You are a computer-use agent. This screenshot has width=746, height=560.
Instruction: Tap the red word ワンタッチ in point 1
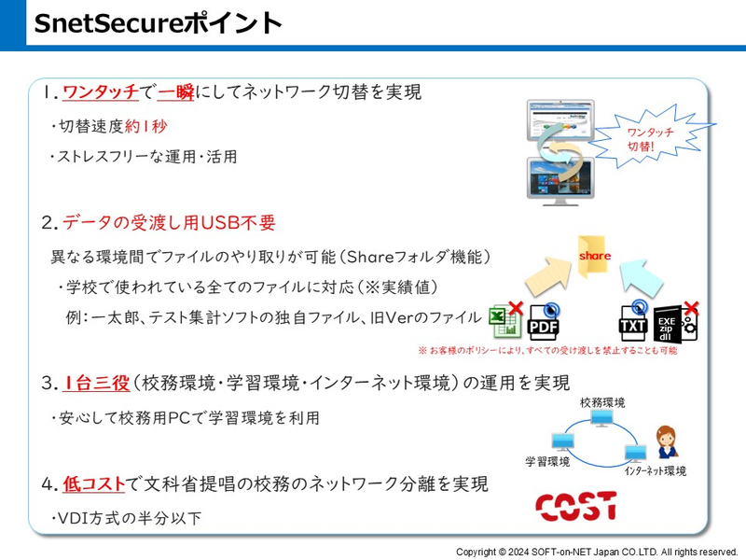click(100, 92)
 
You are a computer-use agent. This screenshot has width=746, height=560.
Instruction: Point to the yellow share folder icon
click(594, 257)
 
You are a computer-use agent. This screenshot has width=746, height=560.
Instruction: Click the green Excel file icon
click(504, 321)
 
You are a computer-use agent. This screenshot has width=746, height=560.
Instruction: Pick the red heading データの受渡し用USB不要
click(169, 223)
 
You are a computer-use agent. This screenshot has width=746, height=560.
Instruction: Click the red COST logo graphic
click(575, 505)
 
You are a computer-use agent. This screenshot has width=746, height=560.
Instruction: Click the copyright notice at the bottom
click(596, 552)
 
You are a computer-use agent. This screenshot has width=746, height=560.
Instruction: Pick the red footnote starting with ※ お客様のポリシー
click(547, 351)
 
